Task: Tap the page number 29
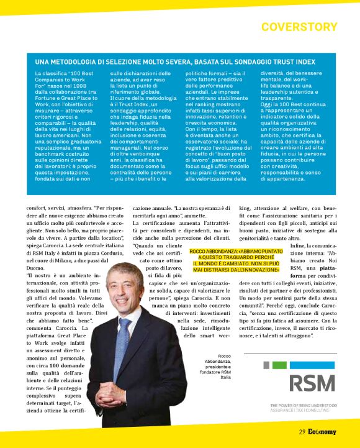[302, 432]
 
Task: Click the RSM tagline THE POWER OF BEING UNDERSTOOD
[304, 406]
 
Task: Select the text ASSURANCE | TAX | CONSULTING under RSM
[300, 411]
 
